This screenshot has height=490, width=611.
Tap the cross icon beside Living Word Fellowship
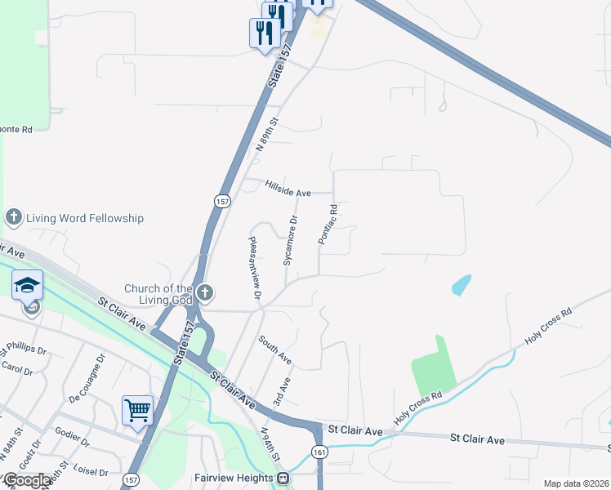(x=13, y=217)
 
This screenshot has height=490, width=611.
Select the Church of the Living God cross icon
(x=204, y=292)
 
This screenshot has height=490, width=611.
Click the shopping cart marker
(x=137, y=409)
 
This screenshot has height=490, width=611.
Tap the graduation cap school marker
(x=27, y=284)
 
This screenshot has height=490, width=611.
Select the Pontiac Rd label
(x=328, y=225)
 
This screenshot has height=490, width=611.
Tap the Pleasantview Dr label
(x=255, y=266)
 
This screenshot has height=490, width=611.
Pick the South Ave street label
(x=275, y=350)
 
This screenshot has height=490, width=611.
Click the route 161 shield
(x=319, y=452)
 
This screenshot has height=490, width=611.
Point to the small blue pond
(x=462, y=285)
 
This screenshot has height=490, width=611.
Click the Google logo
(x=27, y=480)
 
